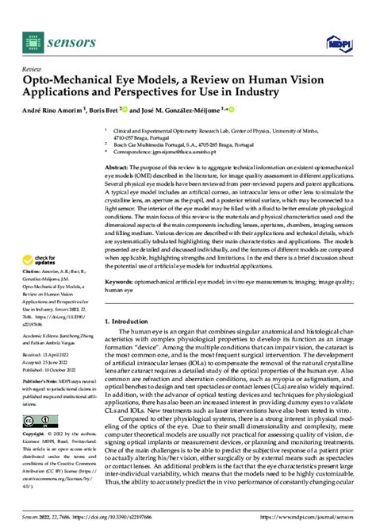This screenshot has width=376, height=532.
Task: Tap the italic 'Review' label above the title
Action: tap(33, 69)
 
